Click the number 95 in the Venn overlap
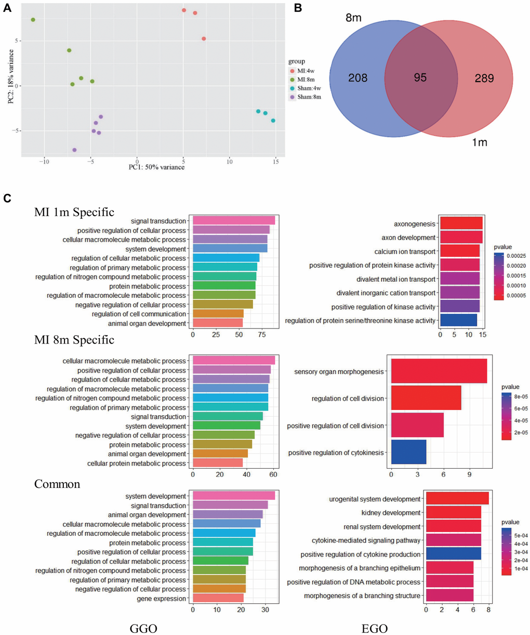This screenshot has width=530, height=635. coord(420,77)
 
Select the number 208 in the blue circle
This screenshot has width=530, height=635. coord(357,78)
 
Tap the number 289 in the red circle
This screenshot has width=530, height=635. coord(484,78)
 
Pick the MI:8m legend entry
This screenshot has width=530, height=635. coord(304,79)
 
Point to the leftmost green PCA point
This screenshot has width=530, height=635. coord(33,20)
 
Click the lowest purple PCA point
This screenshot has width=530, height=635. coord(74,150)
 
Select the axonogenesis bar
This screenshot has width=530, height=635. coord(461,223)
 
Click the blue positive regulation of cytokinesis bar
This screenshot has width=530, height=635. coord(408,452)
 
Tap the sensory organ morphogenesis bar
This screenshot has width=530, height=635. coord(439,371)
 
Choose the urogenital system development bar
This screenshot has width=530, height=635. coord(457,499)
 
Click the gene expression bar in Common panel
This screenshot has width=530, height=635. coord(218,599)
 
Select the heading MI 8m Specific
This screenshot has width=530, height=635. coord(74,340)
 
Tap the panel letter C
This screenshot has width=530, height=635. coord(7,199)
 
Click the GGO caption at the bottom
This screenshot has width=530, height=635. coord(143,629)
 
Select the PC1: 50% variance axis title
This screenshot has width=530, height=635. coord(156,167)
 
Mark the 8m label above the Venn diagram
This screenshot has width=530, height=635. coord(354,18)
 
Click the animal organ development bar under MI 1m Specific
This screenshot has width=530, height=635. coord(217,323)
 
